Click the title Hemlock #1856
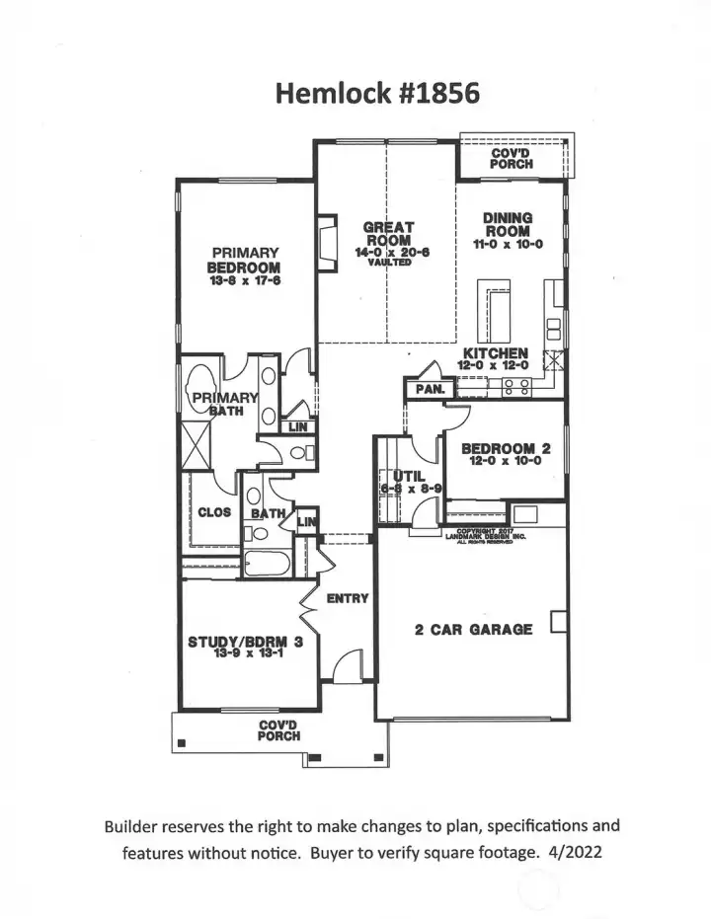click(377, 94)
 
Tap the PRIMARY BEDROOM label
click(244, 260)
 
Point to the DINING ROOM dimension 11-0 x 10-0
click(509, 244)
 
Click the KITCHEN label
click(497, 353)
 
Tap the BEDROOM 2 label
click(507, 448)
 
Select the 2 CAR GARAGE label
click(474, 629)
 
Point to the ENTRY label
click(348, 598)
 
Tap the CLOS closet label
click(214, 512)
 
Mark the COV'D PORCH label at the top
click(512, 158)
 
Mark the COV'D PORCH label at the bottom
click(279, 729)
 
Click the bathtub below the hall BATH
click(264, 566)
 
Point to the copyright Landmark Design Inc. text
click(487, 536)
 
